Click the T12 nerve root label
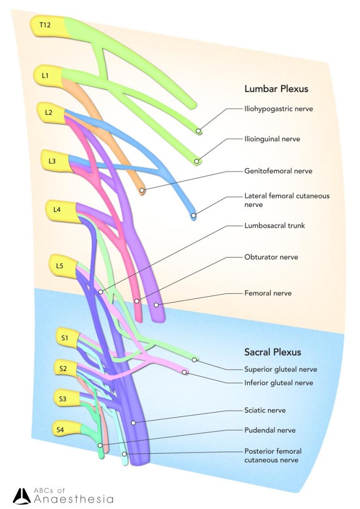[45, 25]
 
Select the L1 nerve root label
[45, 75]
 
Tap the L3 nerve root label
[52, 161]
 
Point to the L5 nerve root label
[59, 266]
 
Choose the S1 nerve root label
[65, 337]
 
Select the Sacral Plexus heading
[273, 352]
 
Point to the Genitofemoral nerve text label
[278, 171]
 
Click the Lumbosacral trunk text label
[274, 225]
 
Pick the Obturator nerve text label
[271, 257]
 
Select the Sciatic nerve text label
[265, 411]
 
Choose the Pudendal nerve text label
[270, 430]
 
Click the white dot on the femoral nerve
[157, 305]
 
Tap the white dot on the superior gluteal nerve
[195, 360]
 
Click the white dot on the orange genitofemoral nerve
[142, 190]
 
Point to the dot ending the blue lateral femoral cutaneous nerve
[193, 216]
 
